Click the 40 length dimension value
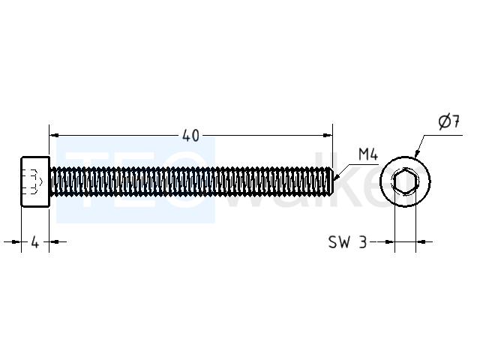coord(190,136)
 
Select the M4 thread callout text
coord(368,154)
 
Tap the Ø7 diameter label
coord(448,121)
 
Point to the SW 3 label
coord(347,242)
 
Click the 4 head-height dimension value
coord(35,242)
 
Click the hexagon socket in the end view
coord(406,181)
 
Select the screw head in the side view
coord(35,181)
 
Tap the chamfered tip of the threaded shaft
coord(331,181)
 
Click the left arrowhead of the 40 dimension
coord(54,135)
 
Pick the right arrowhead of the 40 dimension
coord(328,135)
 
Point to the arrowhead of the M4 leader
coord(337,176)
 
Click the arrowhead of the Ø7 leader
coord(417,153)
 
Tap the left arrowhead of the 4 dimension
coord(16,241)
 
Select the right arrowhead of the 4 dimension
coord(54,241)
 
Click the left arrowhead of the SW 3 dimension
coord(390,241)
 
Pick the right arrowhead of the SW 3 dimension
coord(421,241)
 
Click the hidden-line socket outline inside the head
coord(34,181)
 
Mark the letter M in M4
coord(364,154)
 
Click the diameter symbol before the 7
coord(444,122)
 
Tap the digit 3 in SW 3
coord(363,242)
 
